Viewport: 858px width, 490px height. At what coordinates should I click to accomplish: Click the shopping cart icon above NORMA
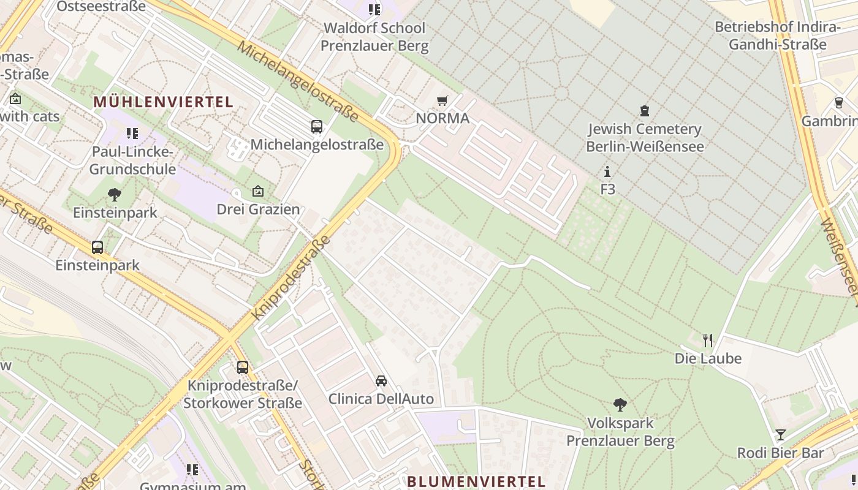tap(442, 100)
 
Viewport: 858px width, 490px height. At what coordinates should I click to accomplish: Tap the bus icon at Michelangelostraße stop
tap(316, 127)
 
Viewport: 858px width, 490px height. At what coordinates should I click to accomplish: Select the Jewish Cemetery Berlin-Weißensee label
tap(644, 138)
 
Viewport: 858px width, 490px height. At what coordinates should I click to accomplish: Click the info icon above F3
tap(607, 171)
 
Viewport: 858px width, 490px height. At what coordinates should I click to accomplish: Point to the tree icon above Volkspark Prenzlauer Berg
tap(620, 404)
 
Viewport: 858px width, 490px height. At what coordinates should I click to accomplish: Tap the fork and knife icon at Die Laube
tap(708, 340)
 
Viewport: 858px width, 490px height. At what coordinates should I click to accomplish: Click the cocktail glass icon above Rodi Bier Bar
tap(780, 435)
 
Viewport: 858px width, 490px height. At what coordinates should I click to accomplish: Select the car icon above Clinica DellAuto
tap(381, 381)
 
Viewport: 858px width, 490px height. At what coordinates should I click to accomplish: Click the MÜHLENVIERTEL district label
tap(164, 102)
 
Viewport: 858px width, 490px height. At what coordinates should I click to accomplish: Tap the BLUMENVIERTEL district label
tap(476, 481)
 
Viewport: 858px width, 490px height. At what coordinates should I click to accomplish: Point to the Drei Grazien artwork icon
tap(257, 191)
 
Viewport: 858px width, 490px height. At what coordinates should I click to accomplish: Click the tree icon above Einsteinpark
tap(114, 195)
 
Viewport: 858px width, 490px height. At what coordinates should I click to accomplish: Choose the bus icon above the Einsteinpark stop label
tap(97, 247)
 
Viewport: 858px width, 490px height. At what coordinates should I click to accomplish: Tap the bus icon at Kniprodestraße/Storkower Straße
tap(243, 367)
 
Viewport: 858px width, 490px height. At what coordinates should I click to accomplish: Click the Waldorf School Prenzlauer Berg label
tap(374, 37)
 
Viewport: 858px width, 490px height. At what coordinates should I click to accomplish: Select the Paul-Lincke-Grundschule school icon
tap(132, 133)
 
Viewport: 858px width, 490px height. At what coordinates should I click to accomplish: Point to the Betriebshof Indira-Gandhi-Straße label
tap(777, 36)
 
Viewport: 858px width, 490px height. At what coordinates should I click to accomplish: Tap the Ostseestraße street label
tap(101, 7)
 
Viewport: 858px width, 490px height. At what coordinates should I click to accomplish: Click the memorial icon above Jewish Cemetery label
tap(644, 111)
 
